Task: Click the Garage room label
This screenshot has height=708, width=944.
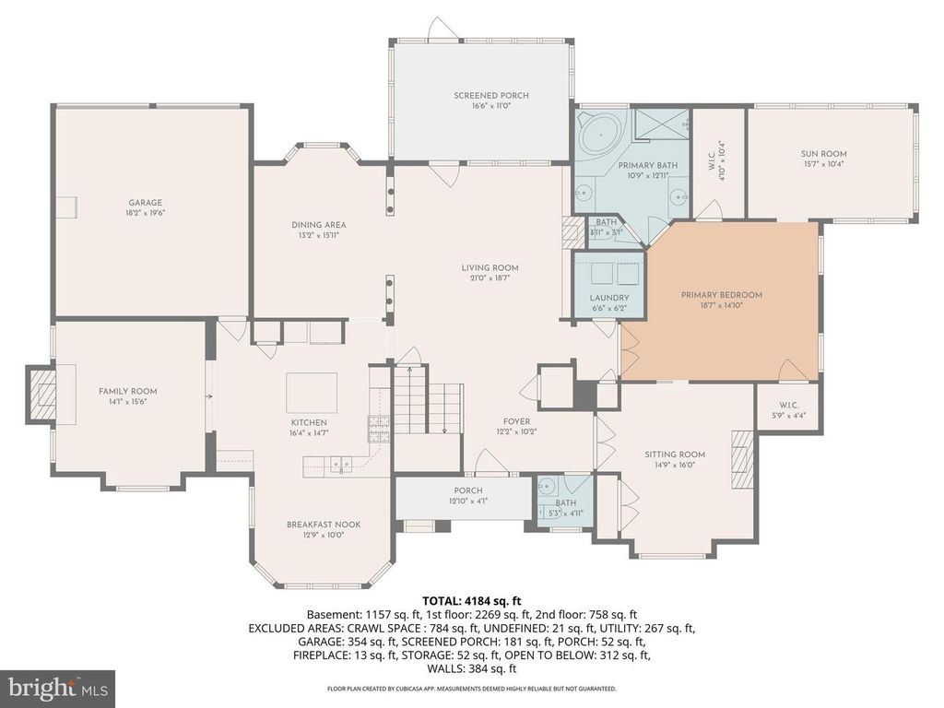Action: click(x=146, y=202)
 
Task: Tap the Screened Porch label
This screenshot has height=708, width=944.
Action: click(x=491, y=96)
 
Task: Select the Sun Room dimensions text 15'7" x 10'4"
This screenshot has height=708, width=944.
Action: click(x=823, y=165)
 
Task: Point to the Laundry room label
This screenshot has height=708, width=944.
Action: click(x=609, y=298)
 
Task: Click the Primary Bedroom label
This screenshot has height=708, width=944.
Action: click(x=722, y=295)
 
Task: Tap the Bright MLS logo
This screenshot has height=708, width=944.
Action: click(x=56, y=688)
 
